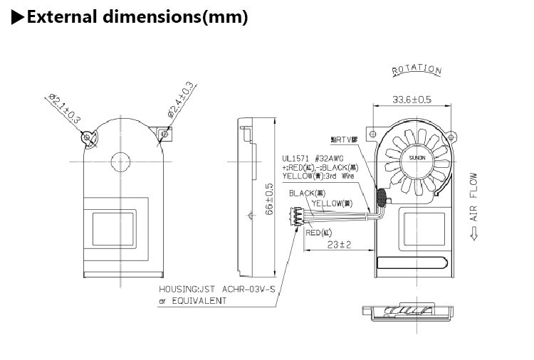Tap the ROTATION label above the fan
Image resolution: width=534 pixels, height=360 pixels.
[x=417, y=70]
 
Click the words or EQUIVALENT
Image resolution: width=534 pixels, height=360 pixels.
[x=192, y=300]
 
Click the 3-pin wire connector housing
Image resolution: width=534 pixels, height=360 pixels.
[x=295, y=216]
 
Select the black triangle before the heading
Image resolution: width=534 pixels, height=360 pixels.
[x=19, y=17]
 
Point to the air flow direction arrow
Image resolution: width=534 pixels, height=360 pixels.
[x=473, y=232]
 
